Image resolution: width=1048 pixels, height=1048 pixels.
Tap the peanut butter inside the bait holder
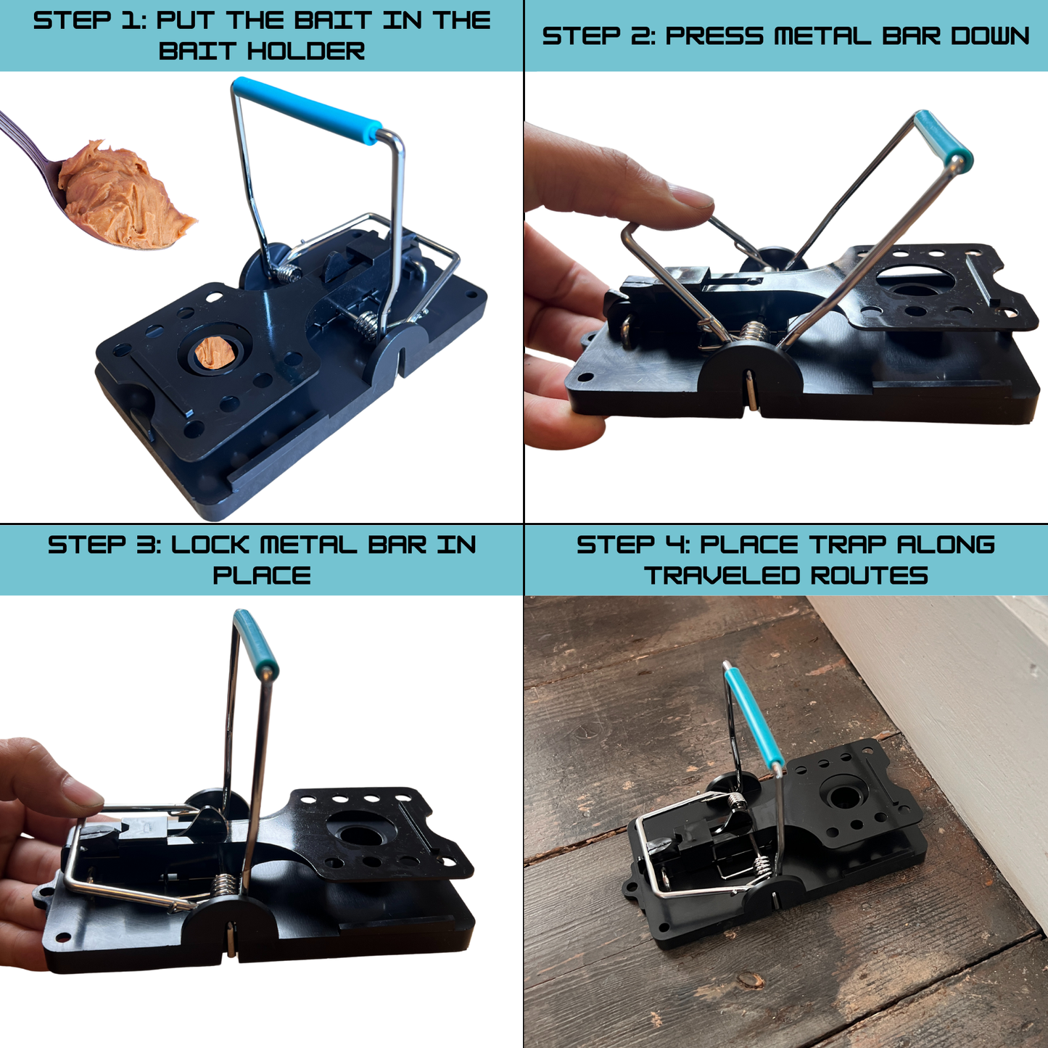(215, 352)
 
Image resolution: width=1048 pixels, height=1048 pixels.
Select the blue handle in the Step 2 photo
(941, 138)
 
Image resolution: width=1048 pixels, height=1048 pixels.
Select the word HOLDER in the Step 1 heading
(306, 51)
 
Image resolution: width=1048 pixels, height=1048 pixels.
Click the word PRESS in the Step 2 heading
(714, 36)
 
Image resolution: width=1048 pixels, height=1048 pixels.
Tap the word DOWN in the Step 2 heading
(991, 36)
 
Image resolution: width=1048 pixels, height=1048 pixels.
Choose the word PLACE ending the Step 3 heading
(262, 575)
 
